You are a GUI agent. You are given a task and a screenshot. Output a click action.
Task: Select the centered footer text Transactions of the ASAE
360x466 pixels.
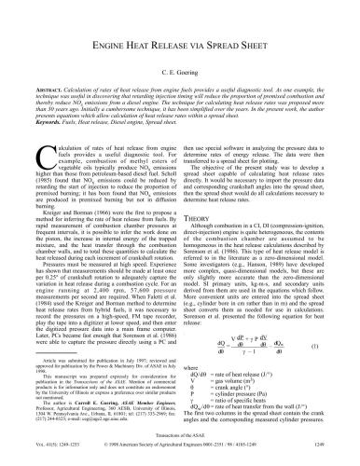tap(180, 447)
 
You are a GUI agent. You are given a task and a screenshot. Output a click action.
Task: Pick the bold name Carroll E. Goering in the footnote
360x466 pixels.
tap(83, 419)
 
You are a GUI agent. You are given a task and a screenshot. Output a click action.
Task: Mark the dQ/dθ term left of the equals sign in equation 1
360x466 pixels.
tap(207, 347)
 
